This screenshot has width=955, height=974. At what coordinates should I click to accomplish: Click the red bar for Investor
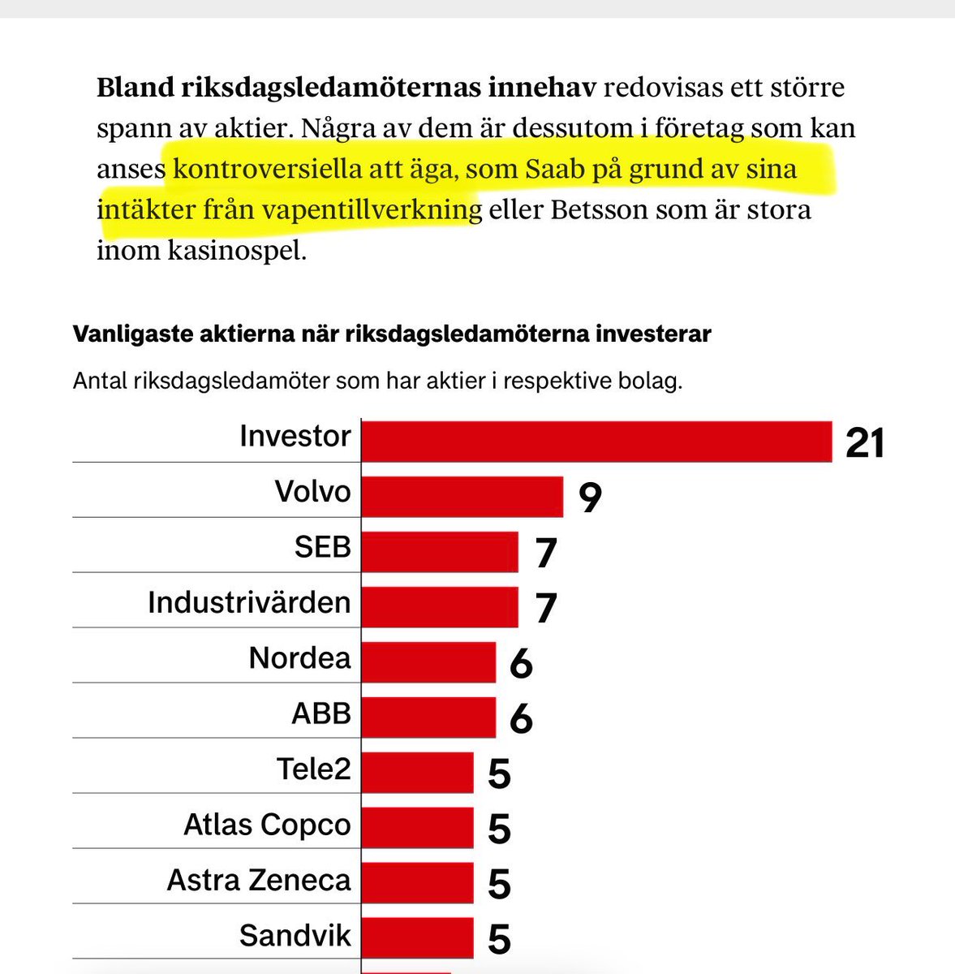[596, 441]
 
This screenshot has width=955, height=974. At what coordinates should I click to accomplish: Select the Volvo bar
[462, 496]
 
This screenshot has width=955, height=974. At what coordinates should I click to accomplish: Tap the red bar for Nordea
[428, 662]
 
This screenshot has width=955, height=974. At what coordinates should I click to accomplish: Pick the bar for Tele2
[417, 772]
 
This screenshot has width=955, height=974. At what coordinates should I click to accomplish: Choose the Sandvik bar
[417, 937]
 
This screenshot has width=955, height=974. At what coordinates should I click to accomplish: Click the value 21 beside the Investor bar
[864, 443]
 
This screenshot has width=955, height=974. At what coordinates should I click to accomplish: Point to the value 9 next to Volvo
[590, 498]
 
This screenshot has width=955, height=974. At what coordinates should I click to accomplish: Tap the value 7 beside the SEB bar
[545, 553]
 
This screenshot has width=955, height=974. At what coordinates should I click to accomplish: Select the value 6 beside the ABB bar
[521, 718]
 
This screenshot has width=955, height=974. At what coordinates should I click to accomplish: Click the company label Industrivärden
[249, 602]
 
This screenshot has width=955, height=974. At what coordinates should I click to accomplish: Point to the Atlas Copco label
[267, 825]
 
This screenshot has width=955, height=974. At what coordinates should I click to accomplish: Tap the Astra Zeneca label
[259, 880]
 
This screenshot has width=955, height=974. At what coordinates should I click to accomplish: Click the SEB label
[322, 547]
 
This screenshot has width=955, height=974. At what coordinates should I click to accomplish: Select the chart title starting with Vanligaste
[392, 334]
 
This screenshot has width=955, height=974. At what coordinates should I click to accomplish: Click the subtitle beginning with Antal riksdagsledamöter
[377, 381]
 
